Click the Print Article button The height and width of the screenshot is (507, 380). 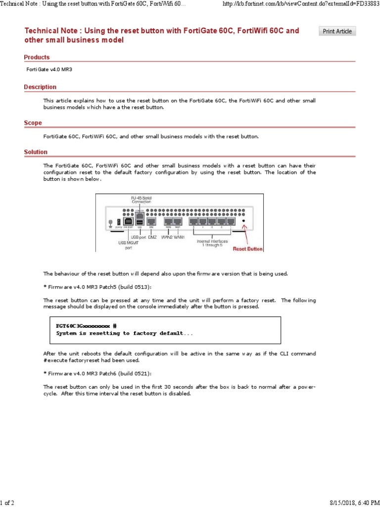coord(337,31)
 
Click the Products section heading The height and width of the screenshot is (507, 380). coord(37,57)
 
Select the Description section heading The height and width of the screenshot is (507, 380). coord(40,87)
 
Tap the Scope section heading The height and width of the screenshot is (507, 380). coord(33,123)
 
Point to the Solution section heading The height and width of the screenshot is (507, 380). coord(36,152)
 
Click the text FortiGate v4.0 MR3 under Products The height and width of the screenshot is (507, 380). coord(49,70)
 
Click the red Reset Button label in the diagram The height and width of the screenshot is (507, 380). coord(248,249)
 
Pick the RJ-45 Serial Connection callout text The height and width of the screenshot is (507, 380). coord(141,200)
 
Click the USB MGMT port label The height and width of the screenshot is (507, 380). coord(125,245)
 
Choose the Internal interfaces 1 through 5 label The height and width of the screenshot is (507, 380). coord(213,244)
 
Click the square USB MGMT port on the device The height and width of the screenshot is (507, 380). coord(129,221)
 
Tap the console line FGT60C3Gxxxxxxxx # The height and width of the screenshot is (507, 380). coord(87,326)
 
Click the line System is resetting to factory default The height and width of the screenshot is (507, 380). coord(125,333)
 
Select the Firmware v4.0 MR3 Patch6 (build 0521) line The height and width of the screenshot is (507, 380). coord(97,373)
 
